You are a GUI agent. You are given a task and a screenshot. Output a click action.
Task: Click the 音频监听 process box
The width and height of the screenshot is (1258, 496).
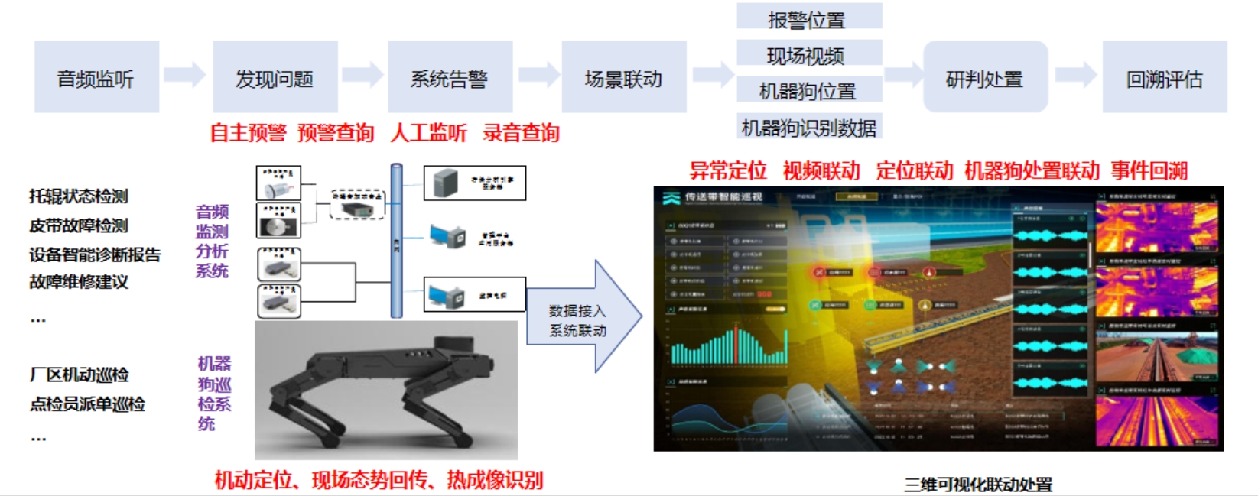pos(96,78)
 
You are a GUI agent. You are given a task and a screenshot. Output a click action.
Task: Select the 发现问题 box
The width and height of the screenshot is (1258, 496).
pos(275,78)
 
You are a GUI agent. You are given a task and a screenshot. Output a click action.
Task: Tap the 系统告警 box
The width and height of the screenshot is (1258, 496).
pos(450,78)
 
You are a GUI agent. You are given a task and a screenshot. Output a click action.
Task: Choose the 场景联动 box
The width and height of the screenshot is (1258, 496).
pos(623,78)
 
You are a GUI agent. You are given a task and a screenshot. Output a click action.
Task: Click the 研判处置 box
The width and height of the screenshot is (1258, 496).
pos(984,78)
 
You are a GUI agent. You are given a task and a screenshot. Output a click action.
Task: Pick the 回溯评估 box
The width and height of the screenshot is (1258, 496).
pos(1164,78)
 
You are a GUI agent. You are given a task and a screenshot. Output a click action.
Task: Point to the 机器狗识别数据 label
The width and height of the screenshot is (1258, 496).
pos(808,128)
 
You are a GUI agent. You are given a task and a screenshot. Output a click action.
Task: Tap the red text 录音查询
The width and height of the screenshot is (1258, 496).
pos(521,133)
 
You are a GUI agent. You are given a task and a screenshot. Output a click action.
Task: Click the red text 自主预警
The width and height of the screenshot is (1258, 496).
pos(248,133)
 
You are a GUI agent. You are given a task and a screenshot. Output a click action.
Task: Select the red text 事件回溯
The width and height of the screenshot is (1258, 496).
pos(1149,170)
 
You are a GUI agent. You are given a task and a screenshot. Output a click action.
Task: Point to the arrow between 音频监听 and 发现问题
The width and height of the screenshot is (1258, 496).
pos(185,75)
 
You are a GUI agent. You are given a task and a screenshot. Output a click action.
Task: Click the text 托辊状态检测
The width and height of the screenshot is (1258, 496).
pos(79,196)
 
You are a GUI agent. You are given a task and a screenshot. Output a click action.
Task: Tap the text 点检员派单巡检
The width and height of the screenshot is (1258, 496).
pos(87,404)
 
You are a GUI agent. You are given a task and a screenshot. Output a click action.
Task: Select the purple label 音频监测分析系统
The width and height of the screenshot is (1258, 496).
pos(212,241)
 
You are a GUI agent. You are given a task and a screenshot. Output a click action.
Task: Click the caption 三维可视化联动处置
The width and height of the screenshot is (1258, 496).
pos(978,485)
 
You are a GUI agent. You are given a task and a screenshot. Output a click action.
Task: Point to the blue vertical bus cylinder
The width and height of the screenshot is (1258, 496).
pos(396,241)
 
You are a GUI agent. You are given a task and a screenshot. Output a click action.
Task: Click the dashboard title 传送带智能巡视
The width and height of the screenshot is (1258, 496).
pos(723,197)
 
